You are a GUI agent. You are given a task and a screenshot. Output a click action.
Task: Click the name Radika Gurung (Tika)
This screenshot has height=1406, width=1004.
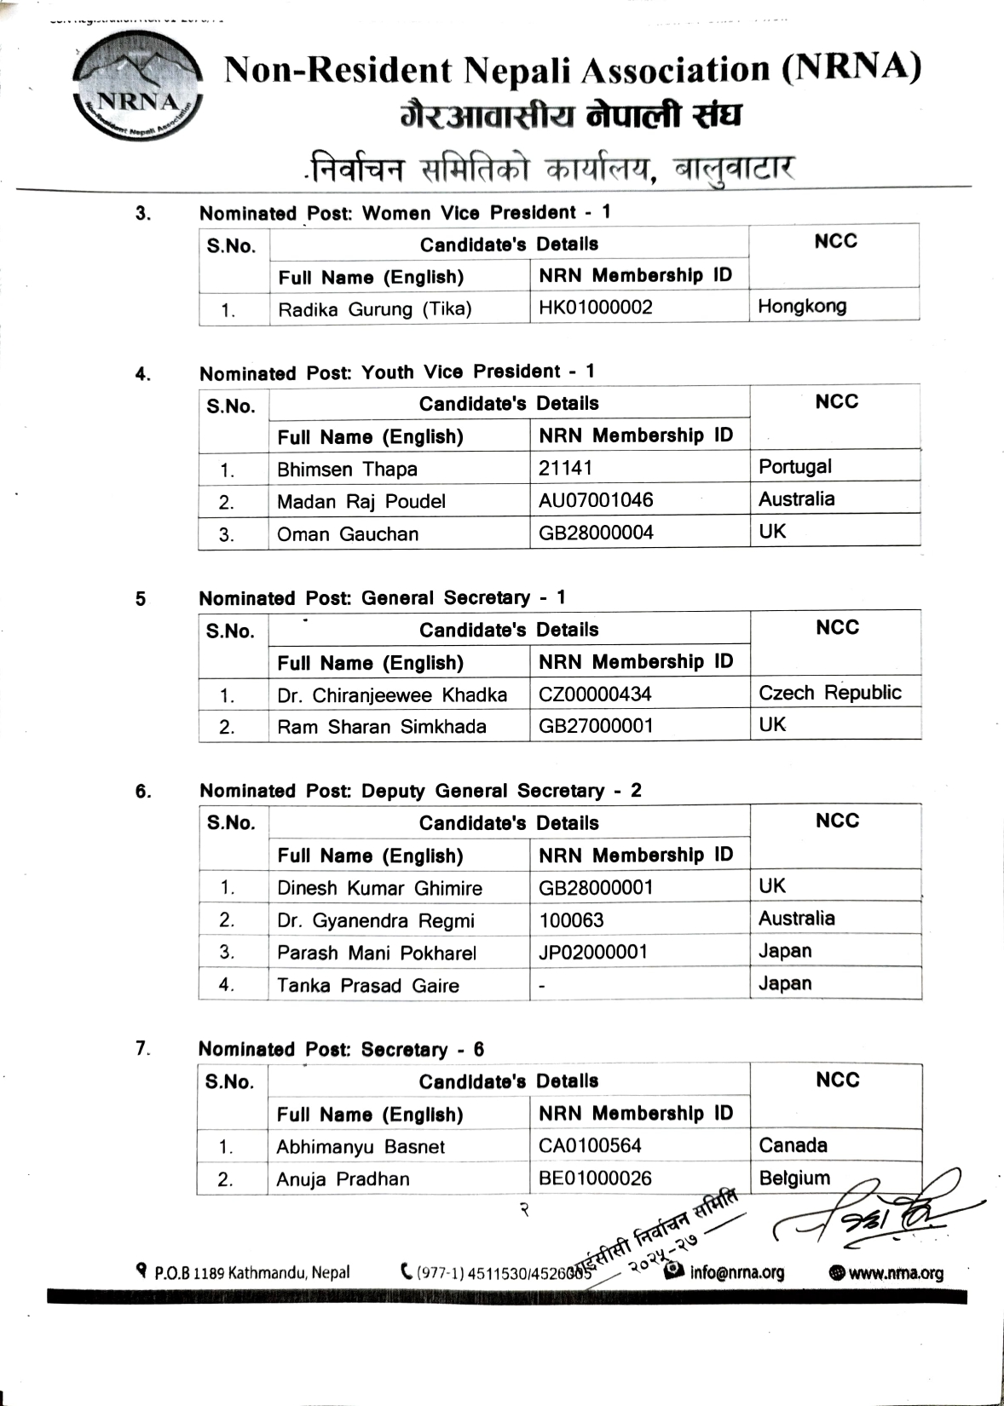coord(374,308)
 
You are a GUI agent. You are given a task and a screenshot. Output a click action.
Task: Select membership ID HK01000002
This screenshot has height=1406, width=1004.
coord(596,307)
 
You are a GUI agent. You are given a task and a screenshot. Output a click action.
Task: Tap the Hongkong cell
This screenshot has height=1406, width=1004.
coord(802,306)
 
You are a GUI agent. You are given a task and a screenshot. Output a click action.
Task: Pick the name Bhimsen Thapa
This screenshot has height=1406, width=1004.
coord(347,469)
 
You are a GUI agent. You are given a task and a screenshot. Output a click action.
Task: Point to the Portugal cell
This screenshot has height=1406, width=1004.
coord(795,466)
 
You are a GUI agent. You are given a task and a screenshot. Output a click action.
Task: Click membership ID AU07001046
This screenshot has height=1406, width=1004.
coord(596,499)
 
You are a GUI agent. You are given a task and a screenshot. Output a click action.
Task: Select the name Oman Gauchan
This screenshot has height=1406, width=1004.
coord(348,534)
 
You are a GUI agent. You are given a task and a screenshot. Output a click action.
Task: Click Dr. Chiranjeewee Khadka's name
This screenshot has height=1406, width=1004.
coord(392,695)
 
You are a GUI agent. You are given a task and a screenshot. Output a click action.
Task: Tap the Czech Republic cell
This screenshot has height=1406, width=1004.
coord(829,692)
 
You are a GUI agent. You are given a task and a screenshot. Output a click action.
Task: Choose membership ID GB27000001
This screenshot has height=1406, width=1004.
coord(596,725)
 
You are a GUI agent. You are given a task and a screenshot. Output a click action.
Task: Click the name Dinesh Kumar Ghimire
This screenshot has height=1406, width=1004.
coord(379,888)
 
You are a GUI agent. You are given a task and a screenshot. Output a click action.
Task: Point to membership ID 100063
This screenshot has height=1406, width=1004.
coord(571,920)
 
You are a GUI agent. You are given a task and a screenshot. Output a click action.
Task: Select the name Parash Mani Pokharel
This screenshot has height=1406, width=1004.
coord(377,953)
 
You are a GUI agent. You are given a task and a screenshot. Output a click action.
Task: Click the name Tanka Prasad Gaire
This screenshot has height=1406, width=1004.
coord(367,985)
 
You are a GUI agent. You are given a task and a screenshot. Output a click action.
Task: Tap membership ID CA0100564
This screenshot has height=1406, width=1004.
coord(590,1145)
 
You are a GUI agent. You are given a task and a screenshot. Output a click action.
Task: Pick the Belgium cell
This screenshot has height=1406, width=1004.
coord(794,1178)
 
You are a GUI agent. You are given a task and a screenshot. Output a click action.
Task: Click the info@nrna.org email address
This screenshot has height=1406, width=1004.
coord(736,1272)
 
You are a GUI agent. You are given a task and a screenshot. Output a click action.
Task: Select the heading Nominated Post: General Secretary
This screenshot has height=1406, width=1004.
coord(382,597)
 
